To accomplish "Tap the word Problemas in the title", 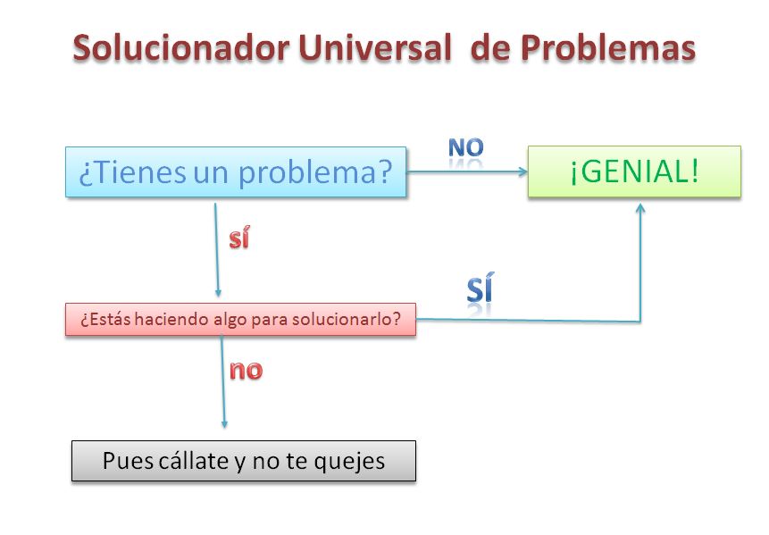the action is [x=608, y=47].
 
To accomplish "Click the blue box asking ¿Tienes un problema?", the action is [x=236, y=171].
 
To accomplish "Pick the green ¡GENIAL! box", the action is [x=634, y=171].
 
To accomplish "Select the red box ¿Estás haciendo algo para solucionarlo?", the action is [x=240, y=320].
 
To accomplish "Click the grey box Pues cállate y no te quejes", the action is [x=243, y=461].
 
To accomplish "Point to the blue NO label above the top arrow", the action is [x=465, y=148].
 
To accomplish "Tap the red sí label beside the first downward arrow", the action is [x=238, y=239].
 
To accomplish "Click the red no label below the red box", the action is [x=247, y=370].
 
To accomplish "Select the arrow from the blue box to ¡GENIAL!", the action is [x=464, y=173].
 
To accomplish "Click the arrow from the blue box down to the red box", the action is [x=217, y=250].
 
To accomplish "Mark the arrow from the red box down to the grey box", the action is [x=223, y=380].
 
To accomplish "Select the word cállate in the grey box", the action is [x=198, y=461].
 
